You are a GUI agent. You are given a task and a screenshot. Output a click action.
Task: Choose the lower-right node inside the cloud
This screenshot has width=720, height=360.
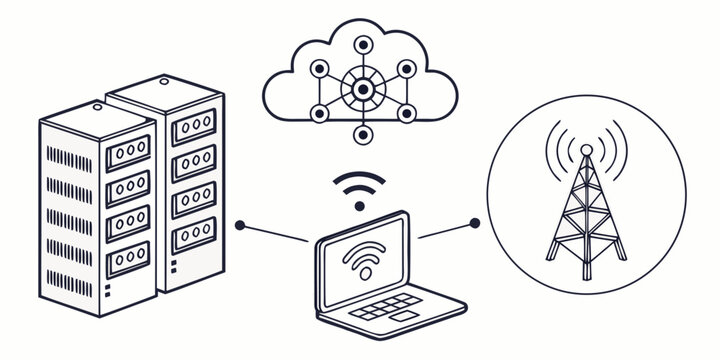click(405, 113)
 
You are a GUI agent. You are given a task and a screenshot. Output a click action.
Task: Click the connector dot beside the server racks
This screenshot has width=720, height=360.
click(240, 225)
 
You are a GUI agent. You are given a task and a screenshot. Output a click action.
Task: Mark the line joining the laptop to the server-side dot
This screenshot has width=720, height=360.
click(275, 233)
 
